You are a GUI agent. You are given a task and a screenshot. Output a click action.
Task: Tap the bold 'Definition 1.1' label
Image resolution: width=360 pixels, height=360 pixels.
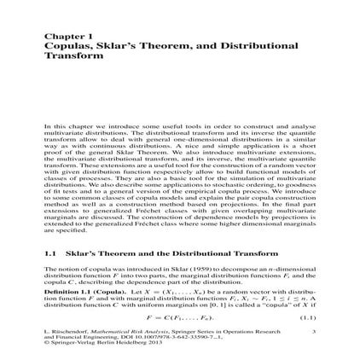coord(67,290)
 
